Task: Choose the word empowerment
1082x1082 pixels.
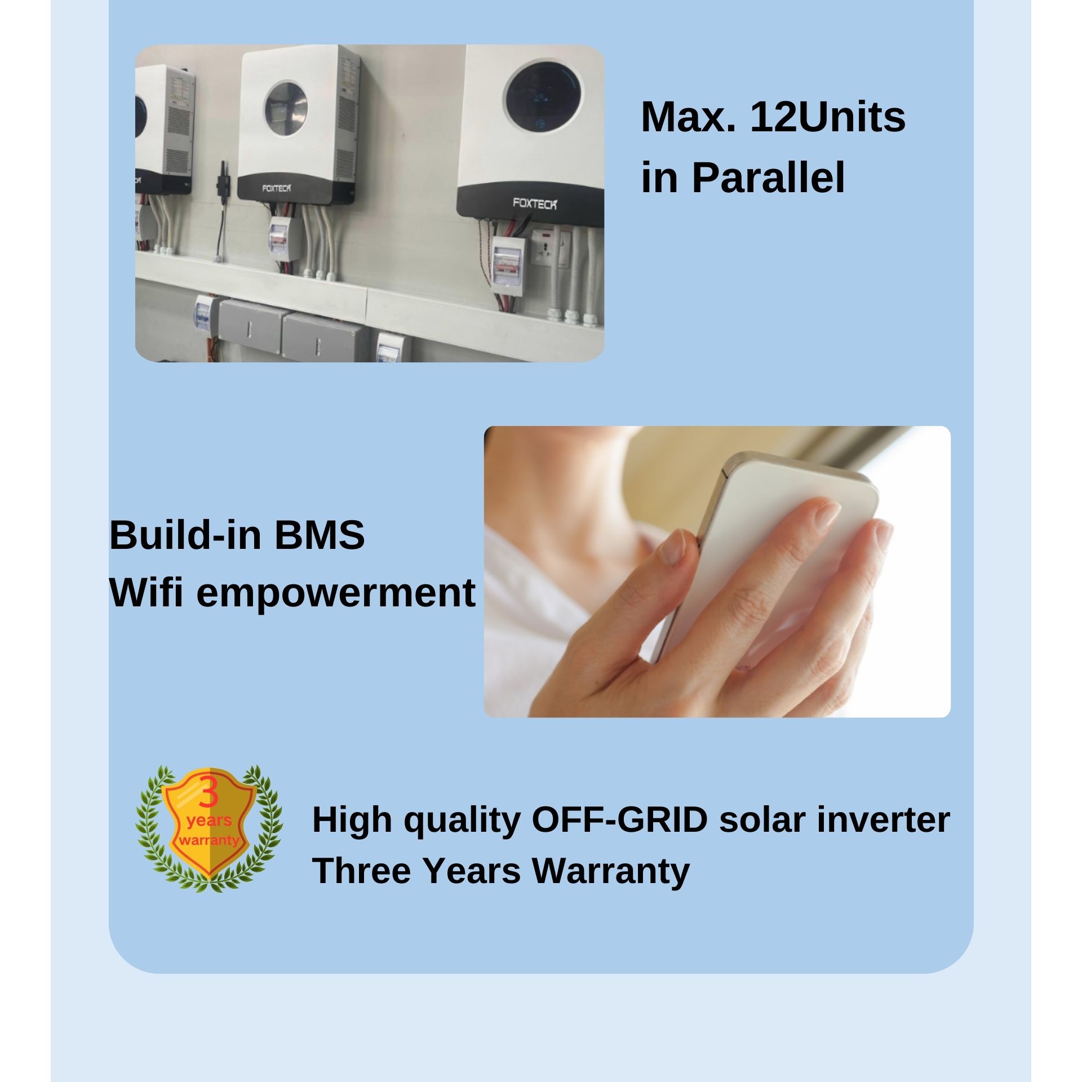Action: tap(335, 594)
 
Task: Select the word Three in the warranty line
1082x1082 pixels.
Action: tap(361, 871)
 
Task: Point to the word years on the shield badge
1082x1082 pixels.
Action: tap(210, 821)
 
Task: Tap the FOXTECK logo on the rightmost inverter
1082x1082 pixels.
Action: tap(534, 203)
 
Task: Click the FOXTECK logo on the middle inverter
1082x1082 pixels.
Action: tap(277, 188)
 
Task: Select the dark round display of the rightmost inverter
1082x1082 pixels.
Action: tap(543, 95)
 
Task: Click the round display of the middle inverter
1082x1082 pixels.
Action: tap(286, 109)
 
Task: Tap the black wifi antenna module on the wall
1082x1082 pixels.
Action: tap(224, 186)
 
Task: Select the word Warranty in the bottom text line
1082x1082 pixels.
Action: tap(611, 871)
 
